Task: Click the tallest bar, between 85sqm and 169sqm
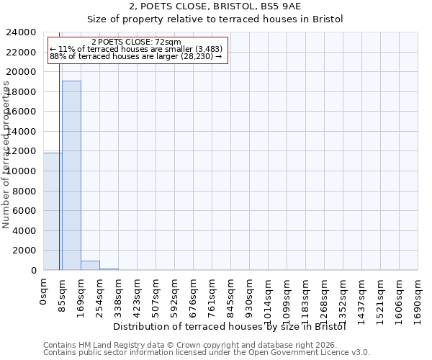71,175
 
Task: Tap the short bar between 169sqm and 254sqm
90,265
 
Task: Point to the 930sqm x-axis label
250,294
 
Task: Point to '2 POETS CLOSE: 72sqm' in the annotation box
137,42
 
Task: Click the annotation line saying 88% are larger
136,56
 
